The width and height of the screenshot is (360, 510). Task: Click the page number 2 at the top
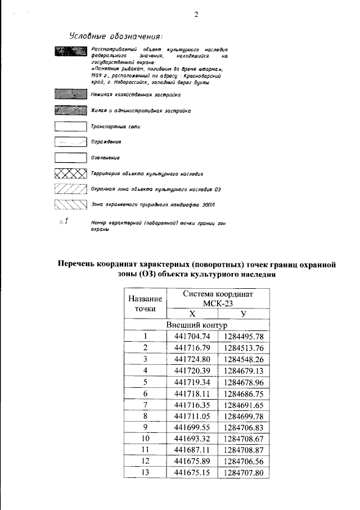tap(196, 15)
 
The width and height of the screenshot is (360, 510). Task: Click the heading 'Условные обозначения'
tap(116, 37)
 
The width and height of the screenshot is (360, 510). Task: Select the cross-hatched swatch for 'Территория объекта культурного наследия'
tap(70, 174)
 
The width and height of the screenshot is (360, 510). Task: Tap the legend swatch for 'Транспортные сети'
tap(70, 127)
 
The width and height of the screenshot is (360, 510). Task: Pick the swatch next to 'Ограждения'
tap(70, 143)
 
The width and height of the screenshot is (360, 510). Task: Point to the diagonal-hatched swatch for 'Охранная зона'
tap(70, 190)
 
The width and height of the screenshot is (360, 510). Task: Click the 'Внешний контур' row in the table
tap(196, 325)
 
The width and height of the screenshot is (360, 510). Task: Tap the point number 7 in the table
tap(145, 405)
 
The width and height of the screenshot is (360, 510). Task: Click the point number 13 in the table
tap(145, 472)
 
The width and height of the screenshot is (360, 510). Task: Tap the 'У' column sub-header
tap(243, 314)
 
